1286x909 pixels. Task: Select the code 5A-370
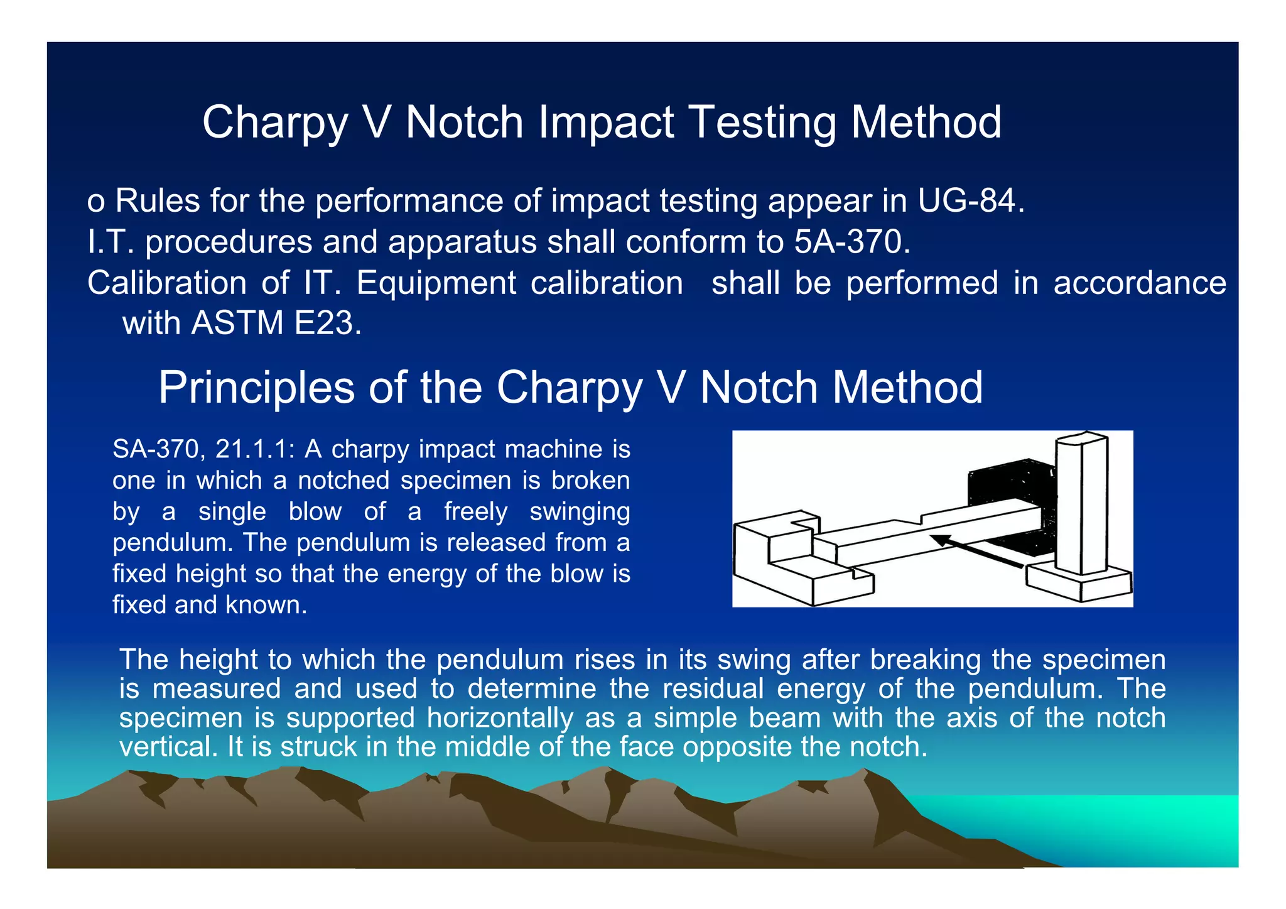point(851,242)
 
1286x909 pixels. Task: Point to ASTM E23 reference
point(276,324)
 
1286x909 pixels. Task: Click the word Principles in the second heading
point(256,388)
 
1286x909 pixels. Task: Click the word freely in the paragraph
point(475,511)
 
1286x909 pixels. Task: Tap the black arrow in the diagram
point(976,552)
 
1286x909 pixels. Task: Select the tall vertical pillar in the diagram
point(1081,503)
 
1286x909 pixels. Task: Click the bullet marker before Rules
point(95,202)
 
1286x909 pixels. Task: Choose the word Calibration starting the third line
point(166,283)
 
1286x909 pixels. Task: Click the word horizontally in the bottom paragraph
point(500,718)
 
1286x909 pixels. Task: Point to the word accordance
point(1140,283)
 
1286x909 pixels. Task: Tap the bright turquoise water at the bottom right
point(1130,829)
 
